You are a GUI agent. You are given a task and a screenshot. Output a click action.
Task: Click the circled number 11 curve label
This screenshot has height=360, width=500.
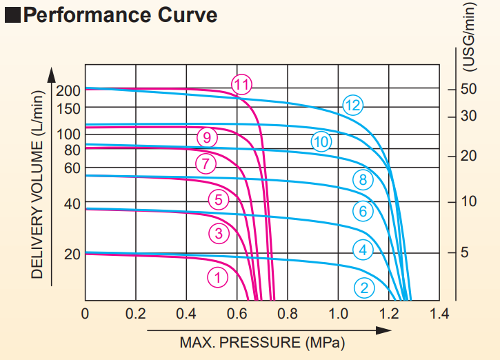click(241, 85)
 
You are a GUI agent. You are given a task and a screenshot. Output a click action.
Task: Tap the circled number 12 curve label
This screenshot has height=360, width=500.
click(353, 106)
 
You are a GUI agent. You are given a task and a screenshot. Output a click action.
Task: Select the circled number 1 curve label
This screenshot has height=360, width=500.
click(217, 277)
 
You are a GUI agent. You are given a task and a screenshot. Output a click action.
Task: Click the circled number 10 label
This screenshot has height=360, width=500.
click(321, 142)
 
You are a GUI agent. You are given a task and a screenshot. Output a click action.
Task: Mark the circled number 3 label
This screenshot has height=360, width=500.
click(219, 234)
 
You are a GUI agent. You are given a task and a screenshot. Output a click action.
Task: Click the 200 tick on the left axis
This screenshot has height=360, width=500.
click(72, 90)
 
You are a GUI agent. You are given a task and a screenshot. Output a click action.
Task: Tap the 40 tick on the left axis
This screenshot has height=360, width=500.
click(72, 204)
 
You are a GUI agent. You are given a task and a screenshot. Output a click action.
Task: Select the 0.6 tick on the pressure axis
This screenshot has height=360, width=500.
click(237, 314)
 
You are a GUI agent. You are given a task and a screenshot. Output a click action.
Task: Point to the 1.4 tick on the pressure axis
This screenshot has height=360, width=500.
click(439, 314)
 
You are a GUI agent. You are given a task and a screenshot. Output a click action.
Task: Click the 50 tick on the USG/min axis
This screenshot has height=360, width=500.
click(469, 89)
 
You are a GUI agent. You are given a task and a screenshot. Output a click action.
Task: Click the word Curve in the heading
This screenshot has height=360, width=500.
click(180, 14)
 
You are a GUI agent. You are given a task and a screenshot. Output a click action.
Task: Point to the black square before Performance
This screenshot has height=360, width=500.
click(13, 15)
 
